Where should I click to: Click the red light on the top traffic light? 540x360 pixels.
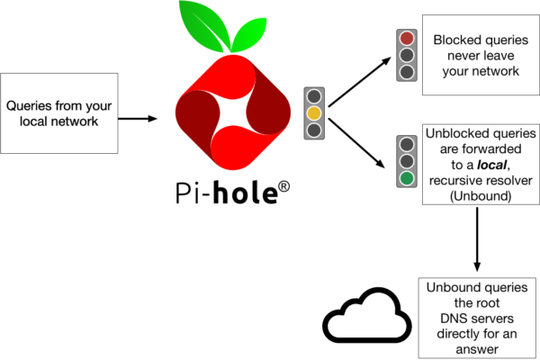point(407,38)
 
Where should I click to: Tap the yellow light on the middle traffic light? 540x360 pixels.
point(314,113)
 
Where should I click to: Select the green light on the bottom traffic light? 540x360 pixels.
point(407,178)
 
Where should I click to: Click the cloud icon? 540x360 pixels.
point(367,315)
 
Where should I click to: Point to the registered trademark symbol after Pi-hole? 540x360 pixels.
point(283,187)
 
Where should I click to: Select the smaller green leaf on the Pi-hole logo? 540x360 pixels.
point(248,34)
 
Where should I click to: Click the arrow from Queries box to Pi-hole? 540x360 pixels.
point(138,119)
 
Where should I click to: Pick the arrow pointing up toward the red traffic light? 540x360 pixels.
point(359,82)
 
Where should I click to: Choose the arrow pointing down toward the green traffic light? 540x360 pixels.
point(356,143)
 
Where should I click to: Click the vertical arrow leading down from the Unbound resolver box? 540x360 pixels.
point(477,239)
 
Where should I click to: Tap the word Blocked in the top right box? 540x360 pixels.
point(453,40)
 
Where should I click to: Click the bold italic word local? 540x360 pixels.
point(491,165)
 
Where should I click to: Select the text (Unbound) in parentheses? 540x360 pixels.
point(481,196)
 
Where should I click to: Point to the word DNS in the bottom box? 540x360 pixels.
point(451,319)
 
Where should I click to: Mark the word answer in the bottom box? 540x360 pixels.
point(477,350)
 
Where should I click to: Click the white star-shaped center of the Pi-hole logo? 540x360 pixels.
point(233,112)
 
